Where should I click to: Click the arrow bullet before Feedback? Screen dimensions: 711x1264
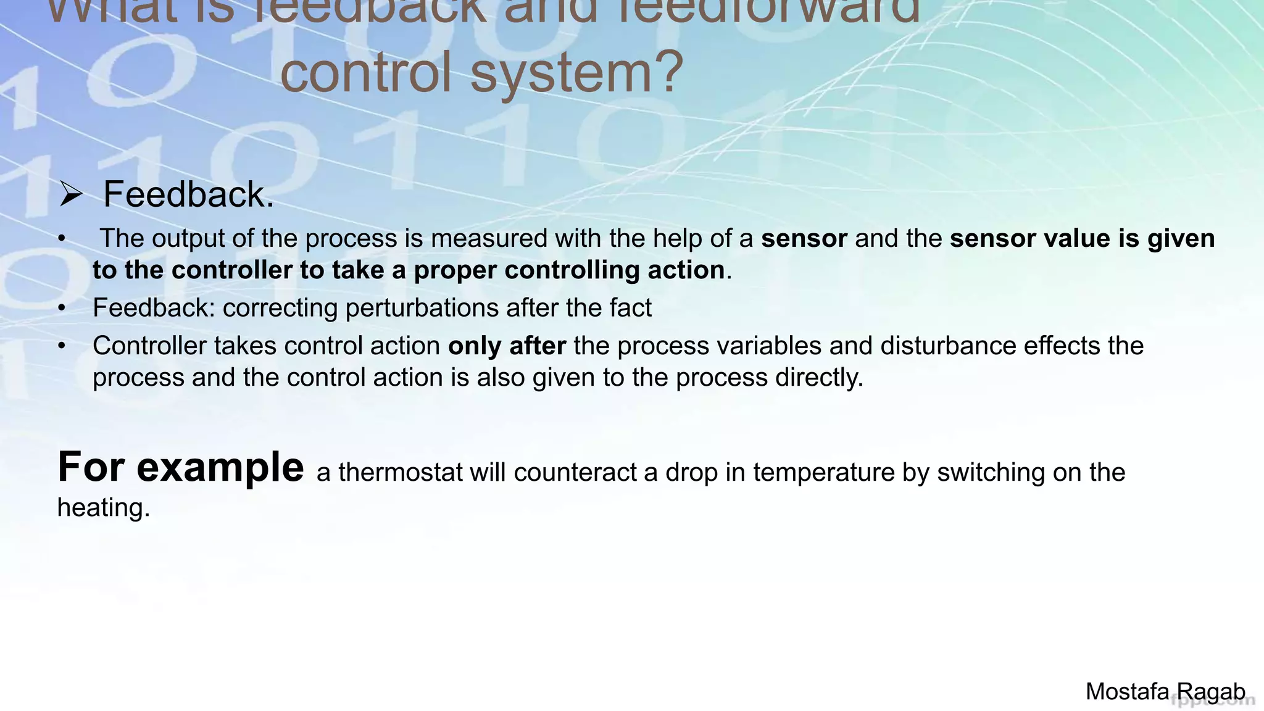click(71, 195)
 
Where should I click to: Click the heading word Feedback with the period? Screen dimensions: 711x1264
click(188, 194)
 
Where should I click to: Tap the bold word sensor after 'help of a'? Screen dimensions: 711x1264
click(804, 239)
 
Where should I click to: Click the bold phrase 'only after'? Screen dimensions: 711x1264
click(507, 346)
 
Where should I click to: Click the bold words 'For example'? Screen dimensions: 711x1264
click(180, 467)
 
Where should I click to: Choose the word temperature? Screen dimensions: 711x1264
click(824, 473)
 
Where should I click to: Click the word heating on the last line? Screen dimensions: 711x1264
click(103, 508)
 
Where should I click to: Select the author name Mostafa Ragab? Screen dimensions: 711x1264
click(1165, 691)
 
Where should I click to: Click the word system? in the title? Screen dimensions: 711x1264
click(577, 72)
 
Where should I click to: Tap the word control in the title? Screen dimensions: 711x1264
click(366, 72)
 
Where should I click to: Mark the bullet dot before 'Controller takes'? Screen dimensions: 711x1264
click(62, 346)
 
